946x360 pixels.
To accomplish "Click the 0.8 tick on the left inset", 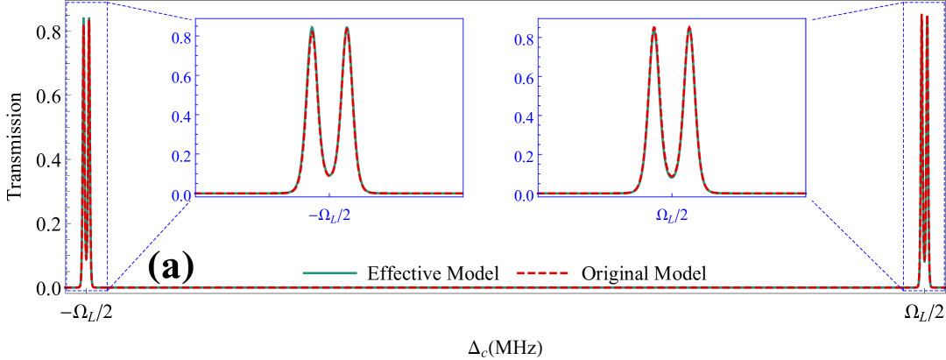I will [x=182, y=39].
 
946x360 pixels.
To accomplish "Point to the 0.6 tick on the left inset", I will [x=182, y=77].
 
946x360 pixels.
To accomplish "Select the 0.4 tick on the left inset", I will [x=182, y=116].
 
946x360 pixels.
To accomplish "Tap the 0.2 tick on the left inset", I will [x=182, y=156].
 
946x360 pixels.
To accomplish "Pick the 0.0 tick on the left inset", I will [x=182, y=194].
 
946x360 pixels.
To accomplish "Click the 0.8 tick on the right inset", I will [x=525, y=39].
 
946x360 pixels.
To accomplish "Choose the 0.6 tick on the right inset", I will [x=525, y=77].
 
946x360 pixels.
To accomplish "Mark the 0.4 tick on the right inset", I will [x=525, y=116].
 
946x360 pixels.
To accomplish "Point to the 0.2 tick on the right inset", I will [x=525, y=156].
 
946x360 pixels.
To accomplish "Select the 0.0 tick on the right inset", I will [x=525, y=194].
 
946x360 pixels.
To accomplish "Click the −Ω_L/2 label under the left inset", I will [x=328, y=215].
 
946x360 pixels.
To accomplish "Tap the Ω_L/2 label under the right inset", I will [x=672, y=215].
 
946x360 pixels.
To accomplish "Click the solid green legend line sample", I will [x=329, y=273].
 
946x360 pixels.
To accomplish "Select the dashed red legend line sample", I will [x=542, y=273].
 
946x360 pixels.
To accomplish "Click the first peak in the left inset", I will [x=312, y=27].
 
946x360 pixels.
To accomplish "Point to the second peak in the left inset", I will [x=347, y=27].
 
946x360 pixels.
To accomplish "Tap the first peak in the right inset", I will [x=653, y=27].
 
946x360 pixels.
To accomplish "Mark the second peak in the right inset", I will [x=688, y=27].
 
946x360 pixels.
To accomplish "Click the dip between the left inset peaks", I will [x=329, y=176].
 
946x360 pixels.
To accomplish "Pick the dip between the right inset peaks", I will [x=671, y=177].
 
